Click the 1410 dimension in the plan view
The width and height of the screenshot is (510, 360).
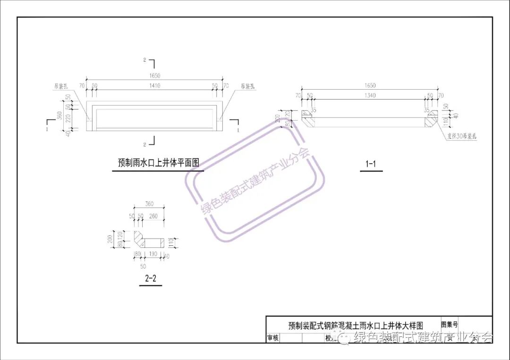pos(154,86)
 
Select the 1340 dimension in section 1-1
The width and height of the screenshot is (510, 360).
pos(370,96)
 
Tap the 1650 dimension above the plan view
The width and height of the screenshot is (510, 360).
pos(154,75)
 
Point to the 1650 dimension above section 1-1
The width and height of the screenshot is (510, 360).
pos(370,85)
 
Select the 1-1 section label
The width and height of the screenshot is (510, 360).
pos(371,164)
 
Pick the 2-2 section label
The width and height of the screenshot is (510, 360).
pos(151,278)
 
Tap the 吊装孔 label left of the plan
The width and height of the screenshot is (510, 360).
pos(61,87)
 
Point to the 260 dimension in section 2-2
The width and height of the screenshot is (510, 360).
pos(153,216)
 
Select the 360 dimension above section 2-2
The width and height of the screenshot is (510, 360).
pos(149,204)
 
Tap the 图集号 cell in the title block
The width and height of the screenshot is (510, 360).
pos(449,325)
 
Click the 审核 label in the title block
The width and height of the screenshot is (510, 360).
pos(273,338)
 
